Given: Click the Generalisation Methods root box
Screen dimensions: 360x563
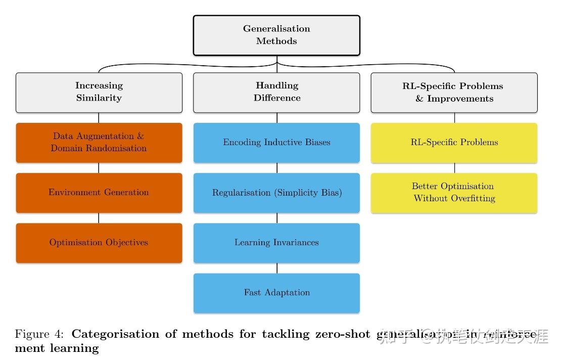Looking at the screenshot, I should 276,35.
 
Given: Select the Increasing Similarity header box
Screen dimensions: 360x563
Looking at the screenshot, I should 99,92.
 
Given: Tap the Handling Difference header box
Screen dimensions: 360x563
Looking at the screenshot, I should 276,92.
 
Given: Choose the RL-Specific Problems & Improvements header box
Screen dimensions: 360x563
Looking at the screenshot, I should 454,92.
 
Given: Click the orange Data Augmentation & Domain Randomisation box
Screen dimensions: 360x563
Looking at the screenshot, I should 99,142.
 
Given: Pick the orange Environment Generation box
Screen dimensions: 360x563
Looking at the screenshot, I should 99,193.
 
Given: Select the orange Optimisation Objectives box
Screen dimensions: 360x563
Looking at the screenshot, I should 99,243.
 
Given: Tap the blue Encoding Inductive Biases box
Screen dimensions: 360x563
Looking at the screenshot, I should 276,142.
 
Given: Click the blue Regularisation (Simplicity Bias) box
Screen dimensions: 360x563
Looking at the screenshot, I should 276,193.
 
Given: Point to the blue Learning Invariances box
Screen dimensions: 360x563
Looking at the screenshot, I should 276,243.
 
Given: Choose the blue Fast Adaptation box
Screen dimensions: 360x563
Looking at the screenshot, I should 276,293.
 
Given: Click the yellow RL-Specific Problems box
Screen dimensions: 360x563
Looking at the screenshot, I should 454,142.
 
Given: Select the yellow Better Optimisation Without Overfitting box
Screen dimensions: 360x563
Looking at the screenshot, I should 454,193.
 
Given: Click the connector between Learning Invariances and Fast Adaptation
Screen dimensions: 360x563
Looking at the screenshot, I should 277,268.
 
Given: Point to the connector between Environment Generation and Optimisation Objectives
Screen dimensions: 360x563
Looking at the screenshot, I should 99,218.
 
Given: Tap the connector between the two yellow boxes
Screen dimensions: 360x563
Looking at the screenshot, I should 454,168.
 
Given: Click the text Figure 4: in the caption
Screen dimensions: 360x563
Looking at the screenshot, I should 39,334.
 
